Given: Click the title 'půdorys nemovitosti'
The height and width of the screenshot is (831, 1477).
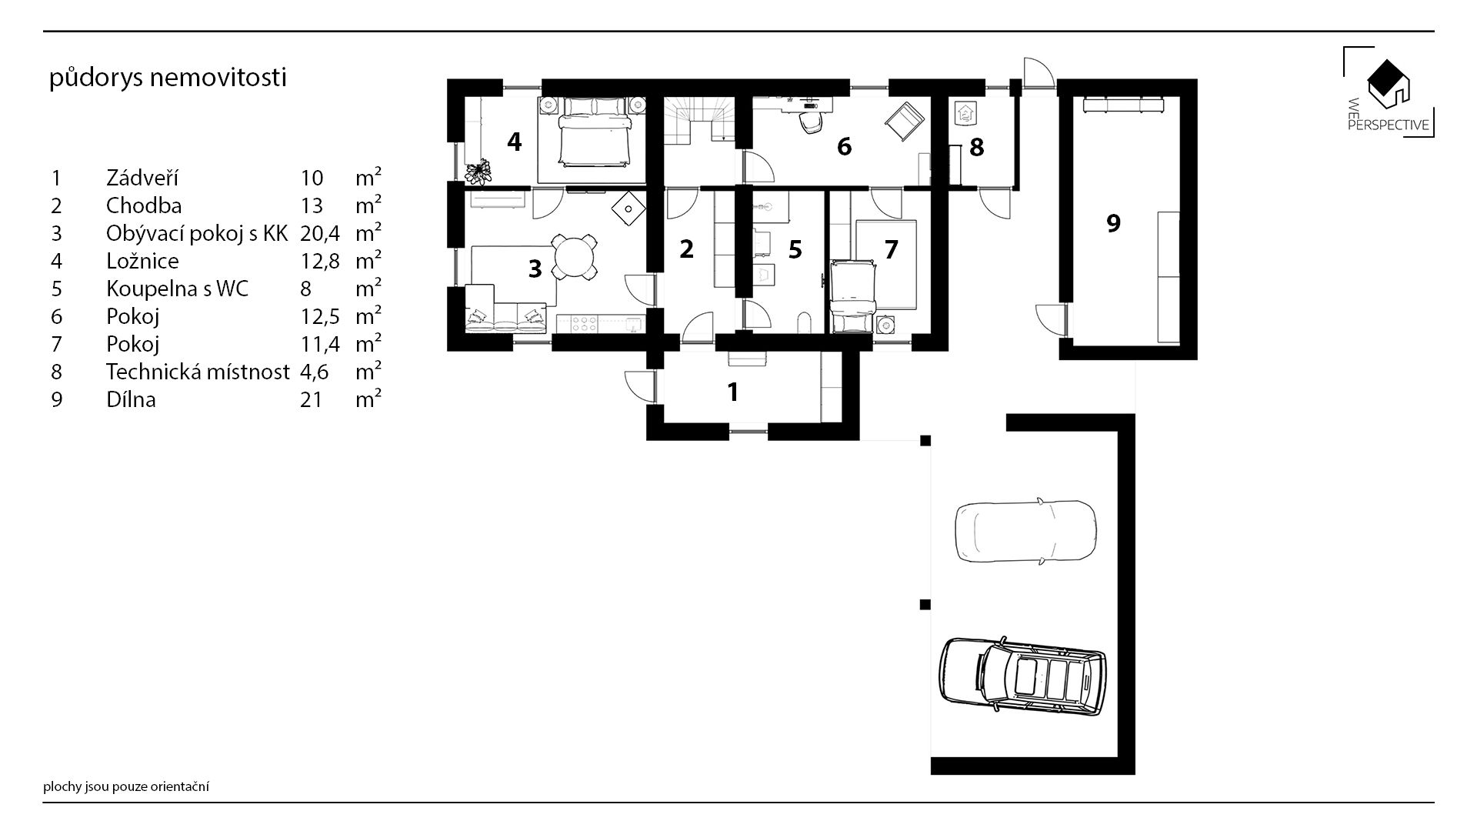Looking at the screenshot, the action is tap(168, 78).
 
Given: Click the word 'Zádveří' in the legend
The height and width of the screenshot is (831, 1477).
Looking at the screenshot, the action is tap(142, 178).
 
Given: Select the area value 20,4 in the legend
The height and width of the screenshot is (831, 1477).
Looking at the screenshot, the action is tap(320, 233).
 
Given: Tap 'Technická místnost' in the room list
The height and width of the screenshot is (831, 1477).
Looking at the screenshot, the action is tap(198, 372).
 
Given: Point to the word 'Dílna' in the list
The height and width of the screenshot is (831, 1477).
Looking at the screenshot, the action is tap(131, 399).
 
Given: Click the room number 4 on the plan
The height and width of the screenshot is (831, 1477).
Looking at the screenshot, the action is tap(514, 142).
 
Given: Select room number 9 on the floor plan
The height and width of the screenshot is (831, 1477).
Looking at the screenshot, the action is tap(1112, 223).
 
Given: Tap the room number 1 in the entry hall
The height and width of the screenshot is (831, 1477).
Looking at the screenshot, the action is tap(733, 392).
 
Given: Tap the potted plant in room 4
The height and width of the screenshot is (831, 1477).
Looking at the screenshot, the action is tap(478, 172).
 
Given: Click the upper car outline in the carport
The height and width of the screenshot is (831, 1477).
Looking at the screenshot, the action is tap(1026, 531).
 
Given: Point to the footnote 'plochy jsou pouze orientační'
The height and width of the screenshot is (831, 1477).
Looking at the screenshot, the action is tap(127, 786).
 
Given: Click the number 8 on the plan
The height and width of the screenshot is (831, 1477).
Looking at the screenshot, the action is tap(976, 147).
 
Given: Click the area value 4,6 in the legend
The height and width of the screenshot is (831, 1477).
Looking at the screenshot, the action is tap(315, 372).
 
